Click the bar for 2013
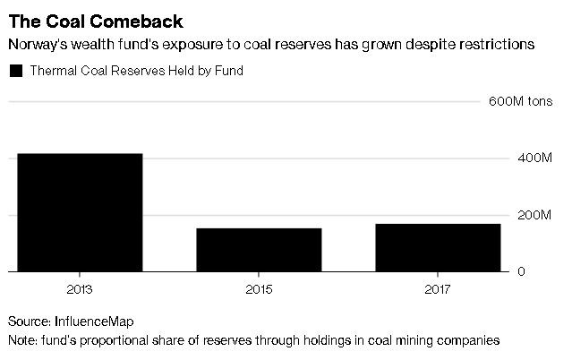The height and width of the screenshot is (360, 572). tap(79, 212)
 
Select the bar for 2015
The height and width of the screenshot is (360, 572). tap(259, 250)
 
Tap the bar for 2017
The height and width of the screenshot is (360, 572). tap(438, 247)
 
